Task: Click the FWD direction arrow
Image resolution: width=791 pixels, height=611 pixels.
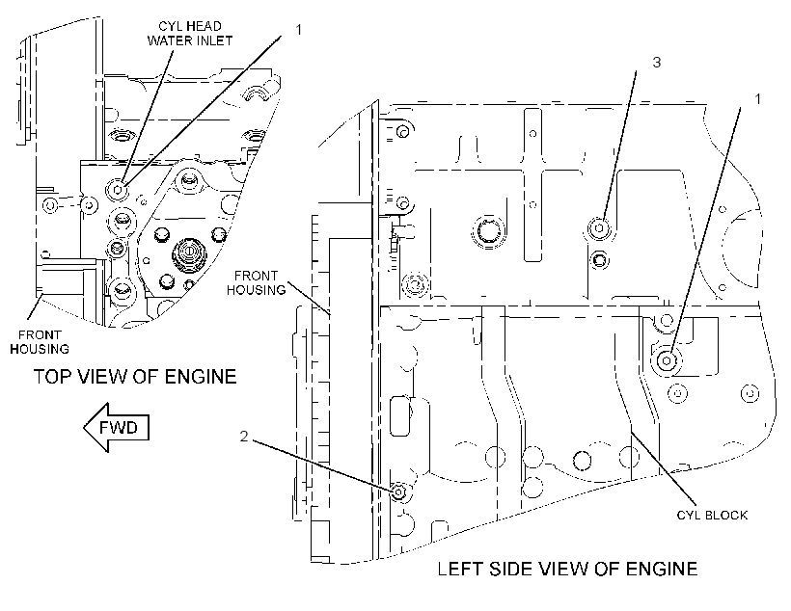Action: (x=117, y=427)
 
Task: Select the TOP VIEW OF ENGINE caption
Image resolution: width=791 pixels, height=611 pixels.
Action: (x=135, y=377)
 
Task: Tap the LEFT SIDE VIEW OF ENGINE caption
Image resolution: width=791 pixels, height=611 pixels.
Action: (x=567, y=569)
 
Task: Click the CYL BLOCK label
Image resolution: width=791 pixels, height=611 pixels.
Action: (x=712, y=515)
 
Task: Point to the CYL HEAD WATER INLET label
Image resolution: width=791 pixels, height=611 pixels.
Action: (x=190, y=34)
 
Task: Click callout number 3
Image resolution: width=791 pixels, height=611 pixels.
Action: (x=656, y=62)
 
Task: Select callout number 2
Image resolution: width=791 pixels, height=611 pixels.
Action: (x=244, y=436)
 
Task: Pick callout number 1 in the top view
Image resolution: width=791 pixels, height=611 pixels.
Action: (x=299, y=30)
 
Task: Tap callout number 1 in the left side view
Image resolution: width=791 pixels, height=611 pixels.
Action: (x=757, y=99)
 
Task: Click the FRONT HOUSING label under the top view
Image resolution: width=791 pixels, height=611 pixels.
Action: (x=40, y=342)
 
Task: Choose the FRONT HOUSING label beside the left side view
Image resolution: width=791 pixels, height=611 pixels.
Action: (x=256, y=282)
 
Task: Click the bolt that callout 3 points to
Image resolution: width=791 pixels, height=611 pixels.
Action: (x=599, y=228)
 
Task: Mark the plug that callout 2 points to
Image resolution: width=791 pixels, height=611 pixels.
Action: (x=399, y=491)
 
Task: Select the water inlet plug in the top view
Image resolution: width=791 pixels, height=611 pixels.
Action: (x=118, y=190)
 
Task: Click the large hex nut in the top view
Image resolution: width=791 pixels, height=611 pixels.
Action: (x=187, y=251)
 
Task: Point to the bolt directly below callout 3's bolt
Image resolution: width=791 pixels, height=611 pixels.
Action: (x=599, y=260)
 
